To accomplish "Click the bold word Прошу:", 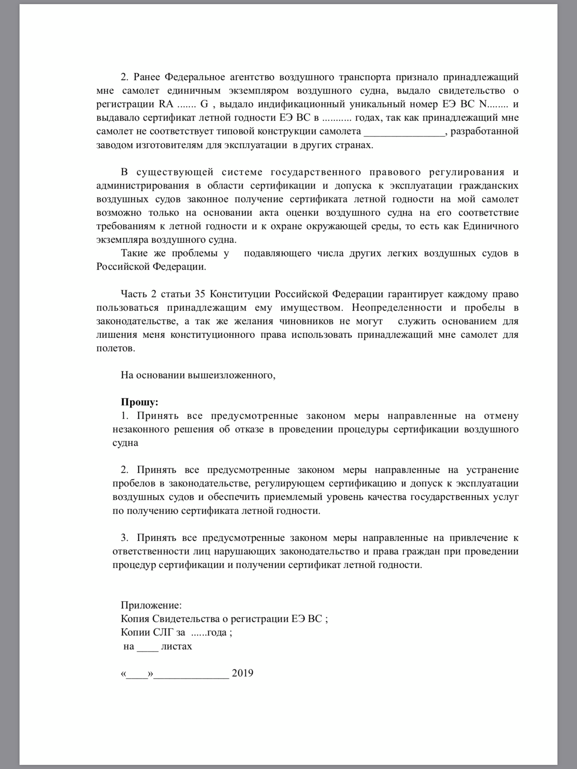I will click(x=139, y=402).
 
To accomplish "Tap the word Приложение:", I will click(x=151, y=605).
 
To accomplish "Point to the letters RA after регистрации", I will click(x=166, y=104).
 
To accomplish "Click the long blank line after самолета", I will click(x=404, y=131).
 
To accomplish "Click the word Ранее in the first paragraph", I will click(x=147, y=77).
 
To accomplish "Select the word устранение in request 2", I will click(x=492, y=470).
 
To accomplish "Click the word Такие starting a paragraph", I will click(x=134, y=253).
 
